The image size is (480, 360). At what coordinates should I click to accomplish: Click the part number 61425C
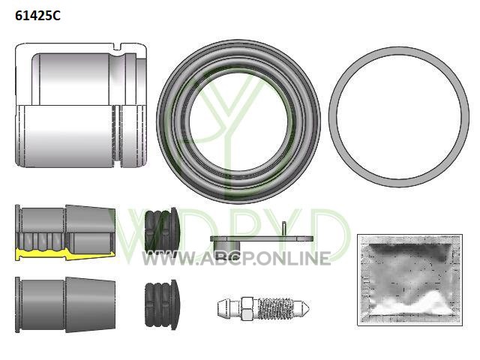tap(37, 15)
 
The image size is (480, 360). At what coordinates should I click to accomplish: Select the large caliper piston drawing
tap(82, 105)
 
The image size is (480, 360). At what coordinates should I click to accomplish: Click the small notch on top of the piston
tap(117, 46)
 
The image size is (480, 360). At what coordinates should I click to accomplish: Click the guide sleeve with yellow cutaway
tap(65, 232)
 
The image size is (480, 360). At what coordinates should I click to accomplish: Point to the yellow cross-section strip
tap(65, 253)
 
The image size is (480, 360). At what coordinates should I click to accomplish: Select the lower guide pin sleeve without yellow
tap(65, 305)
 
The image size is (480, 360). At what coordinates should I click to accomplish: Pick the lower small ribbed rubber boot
tap(161, 305)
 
